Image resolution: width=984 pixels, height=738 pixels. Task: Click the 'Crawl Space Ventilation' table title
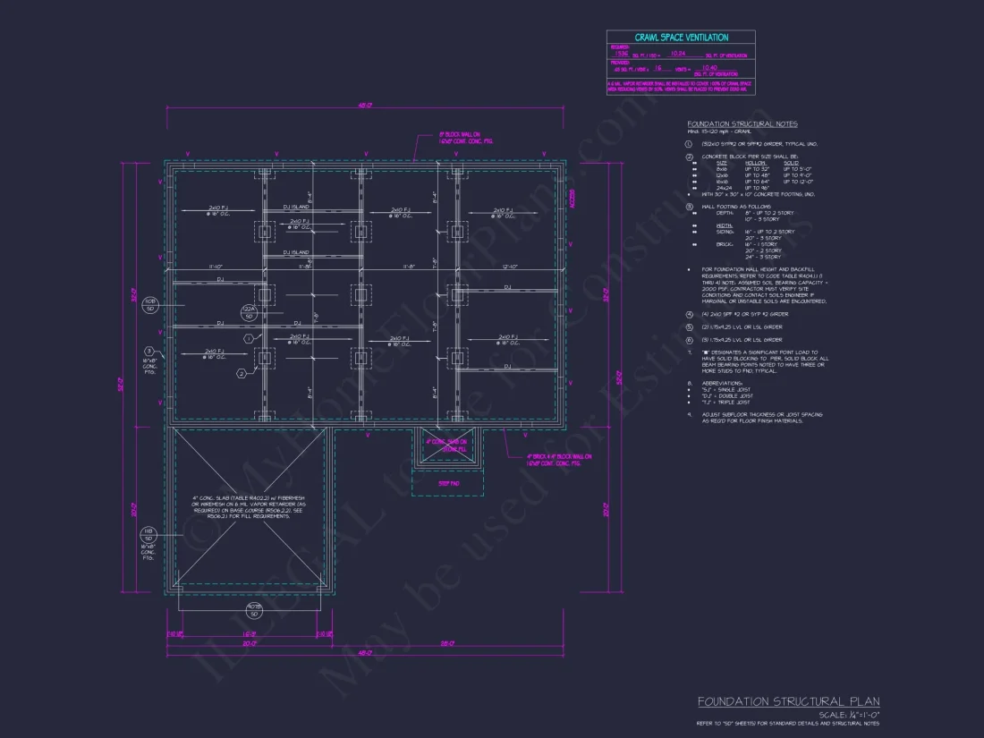681,38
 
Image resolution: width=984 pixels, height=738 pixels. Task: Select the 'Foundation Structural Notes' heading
742,123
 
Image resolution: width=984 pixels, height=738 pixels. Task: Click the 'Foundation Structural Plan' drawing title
788,701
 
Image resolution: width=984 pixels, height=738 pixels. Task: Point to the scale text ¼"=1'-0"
850,715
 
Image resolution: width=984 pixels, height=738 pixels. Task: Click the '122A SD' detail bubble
250,312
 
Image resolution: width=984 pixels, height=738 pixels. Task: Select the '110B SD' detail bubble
150,305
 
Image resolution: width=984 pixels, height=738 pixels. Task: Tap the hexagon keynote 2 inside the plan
241,373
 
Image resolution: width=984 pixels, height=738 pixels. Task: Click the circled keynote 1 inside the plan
249,339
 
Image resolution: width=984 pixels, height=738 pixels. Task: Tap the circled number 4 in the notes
689,314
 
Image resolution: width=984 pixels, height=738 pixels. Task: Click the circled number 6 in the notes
689,340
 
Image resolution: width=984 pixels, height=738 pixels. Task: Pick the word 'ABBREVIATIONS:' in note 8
723,383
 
